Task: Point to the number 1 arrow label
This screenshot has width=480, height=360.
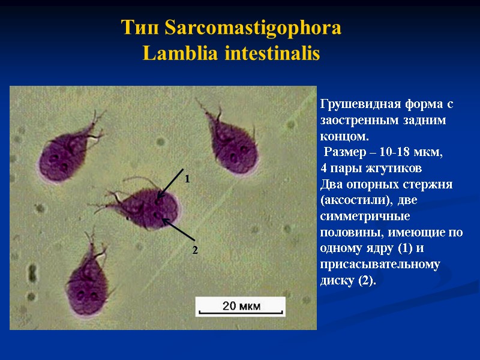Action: point(187,179)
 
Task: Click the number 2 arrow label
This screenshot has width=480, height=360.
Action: point(194,249)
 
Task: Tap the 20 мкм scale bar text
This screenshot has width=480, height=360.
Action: point(241,306)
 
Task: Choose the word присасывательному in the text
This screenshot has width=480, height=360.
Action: point(380,264)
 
